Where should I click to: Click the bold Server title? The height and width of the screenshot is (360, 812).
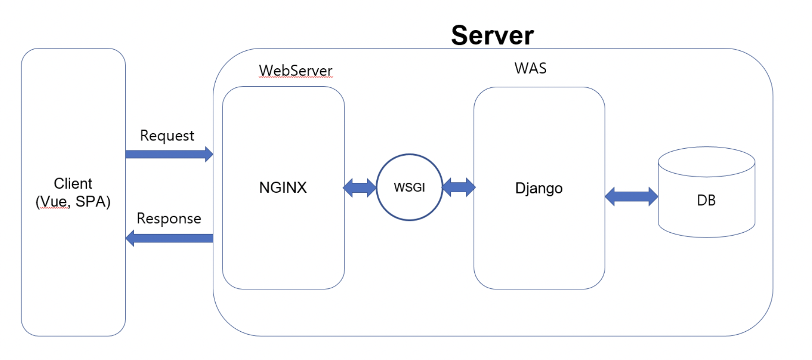(x=492, y=36)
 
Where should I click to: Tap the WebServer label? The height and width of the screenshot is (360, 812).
(x=295, y=70)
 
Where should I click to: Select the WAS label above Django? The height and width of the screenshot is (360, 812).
(x=530, y=68)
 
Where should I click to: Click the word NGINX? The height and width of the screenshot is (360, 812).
(x=283, y=188)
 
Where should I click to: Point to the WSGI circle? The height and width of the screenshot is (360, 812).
(x=409, y=187)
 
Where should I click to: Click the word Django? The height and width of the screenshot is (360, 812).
(x=539, y=188)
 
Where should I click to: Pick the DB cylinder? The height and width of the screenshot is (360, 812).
(x=706, y=200)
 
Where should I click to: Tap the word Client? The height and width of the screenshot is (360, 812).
(x=73, y=183)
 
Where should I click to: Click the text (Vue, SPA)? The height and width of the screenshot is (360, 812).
(x=73, y=201)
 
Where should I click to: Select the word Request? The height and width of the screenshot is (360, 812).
(x=167, y=136)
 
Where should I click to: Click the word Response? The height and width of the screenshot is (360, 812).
(x=169, y=219)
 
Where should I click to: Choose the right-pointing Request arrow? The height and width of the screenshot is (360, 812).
(x=166, y=154)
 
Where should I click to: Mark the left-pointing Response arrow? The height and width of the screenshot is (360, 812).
(x=171, y=238)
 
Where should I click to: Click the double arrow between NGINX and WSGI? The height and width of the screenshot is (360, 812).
(x=360, y=188)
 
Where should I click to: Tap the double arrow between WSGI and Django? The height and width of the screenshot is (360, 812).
(x=458, y=187)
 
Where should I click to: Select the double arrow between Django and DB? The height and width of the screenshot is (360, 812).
(x=631, y=197)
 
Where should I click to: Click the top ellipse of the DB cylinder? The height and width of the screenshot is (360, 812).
(x=706, y=161)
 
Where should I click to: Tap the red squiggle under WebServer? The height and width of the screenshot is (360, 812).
(x=295, y=77)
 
